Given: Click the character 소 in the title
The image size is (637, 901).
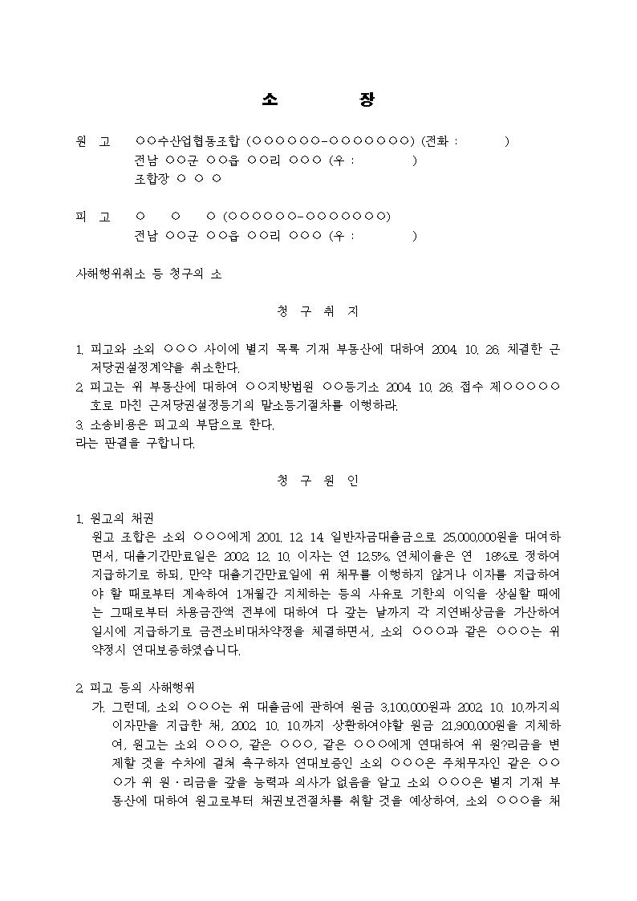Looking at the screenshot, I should (270, 99).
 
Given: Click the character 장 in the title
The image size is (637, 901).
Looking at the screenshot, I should (366, 99).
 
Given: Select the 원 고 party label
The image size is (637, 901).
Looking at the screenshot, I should (93, 142).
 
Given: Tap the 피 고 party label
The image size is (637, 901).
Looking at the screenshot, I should (93, 217).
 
